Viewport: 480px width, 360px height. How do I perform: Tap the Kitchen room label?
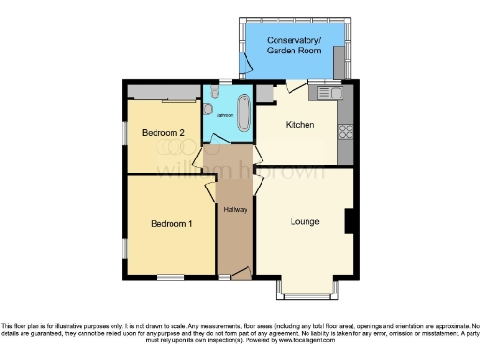299,125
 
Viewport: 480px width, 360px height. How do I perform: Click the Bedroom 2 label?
162,133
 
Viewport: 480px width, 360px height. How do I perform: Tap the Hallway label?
235,209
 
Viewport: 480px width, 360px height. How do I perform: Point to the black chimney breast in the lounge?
349,221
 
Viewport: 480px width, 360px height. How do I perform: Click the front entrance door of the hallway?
240,273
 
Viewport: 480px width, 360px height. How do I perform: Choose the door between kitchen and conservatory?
296,86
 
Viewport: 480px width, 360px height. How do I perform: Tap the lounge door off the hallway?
260,180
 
